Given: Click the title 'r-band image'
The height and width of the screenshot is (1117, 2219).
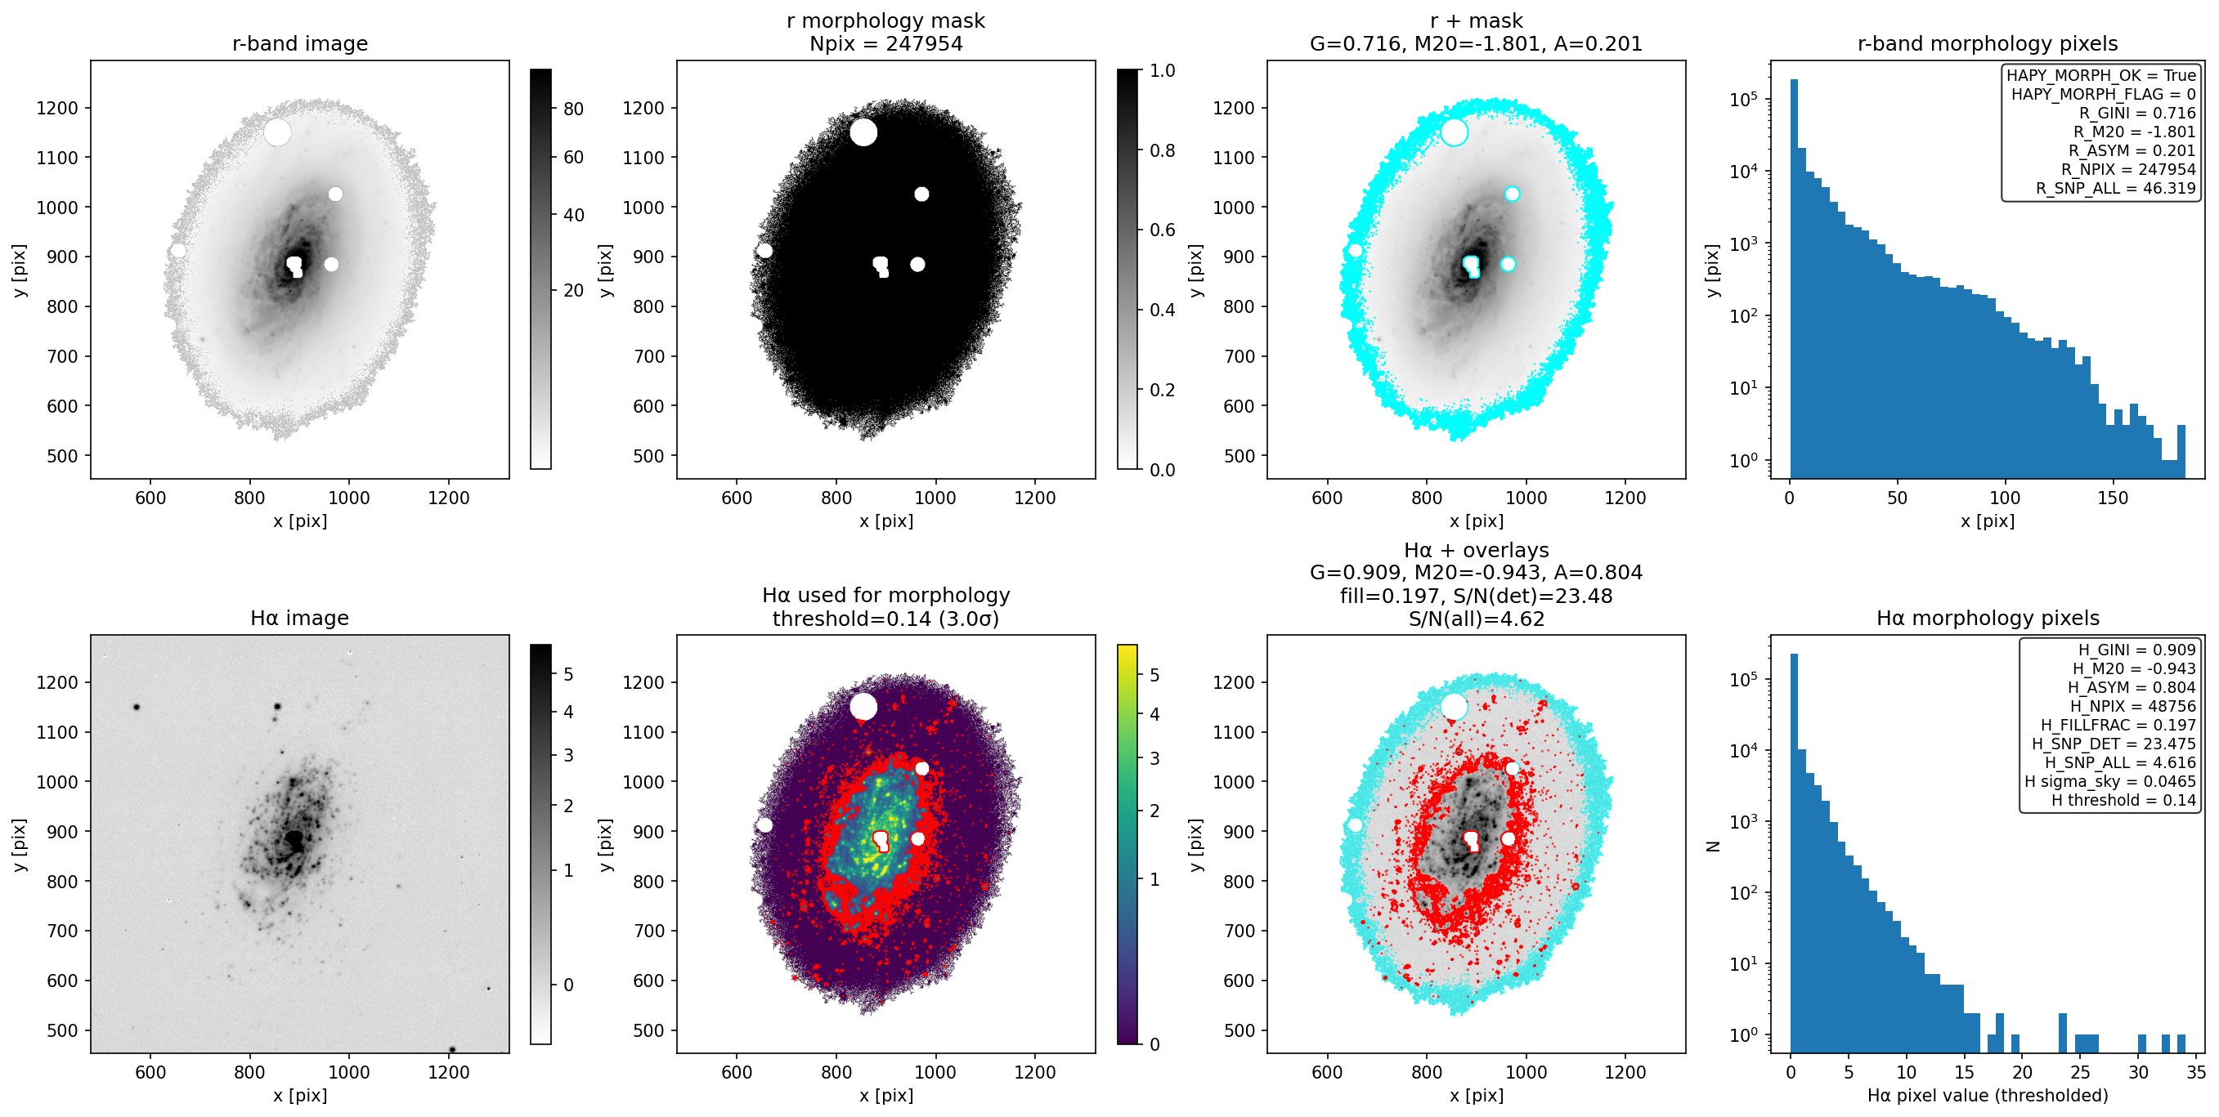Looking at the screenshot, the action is click(300, 44).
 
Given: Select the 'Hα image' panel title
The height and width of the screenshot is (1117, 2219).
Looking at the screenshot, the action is click(300, 619).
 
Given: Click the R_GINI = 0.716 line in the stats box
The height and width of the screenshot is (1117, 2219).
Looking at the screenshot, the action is click(2137, 113).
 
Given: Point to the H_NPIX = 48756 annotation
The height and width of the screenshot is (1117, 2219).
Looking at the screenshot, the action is click(2133, 706).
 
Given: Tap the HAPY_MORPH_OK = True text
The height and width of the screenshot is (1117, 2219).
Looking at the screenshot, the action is click(2101, 75).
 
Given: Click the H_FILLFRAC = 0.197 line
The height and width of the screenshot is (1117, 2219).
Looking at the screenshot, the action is click(2118, 725).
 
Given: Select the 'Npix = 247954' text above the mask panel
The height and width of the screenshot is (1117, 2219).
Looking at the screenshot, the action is click(885, 44).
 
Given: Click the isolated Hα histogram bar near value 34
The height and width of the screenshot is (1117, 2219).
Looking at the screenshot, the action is click(2181, 1043).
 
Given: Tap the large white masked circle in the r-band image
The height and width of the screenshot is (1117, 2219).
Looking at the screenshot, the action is click(277, 132).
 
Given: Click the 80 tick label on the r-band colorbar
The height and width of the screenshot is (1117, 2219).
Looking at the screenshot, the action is click(574, 109).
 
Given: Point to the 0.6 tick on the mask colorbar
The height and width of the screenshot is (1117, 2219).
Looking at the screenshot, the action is click(1162, 230).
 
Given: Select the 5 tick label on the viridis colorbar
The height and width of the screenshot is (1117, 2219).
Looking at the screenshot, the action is click(1155, 675).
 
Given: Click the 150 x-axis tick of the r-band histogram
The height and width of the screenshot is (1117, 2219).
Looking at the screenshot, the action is click(2112, 498).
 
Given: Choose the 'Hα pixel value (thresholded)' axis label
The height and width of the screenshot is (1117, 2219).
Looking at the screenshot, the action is click(1988, 1096).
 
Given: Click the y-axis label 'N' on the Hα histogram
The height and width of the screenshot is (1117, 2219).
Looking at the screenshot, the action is click(1714, 847).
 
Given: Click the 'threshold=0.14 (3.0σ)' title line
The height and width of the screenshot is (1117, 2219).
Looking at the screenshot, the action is click(885, 619).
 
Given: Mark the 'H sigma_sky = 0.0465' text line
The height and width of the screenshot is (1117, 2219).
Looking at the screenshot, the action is click(2109, 781).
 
